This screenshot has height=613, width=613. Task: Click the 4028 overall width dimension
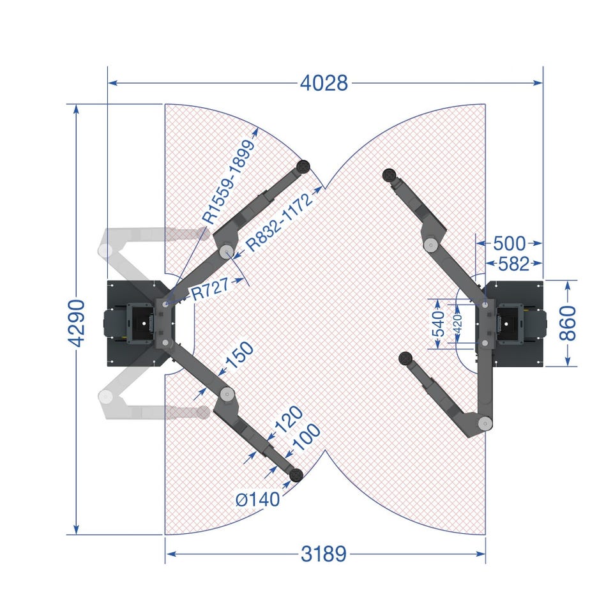(x=324, y=83)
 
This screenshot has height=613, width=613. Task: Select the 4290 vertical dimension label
(x=76, y=323)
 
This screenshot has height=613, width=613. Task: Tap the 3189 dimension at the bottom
(x=324, y=554)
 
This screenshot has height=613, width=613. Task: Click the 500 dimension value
(x=509, y=243)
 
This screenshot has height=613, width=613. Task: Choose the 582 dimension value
(x=513, y=264)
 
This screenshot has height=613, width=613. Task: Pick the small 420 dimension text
(x=457, y=323)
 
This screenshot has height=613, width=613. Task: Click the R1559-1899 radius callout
(x=229, y=182)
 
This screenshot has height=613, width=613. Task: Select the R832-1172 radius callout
(x=280, y=222)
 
